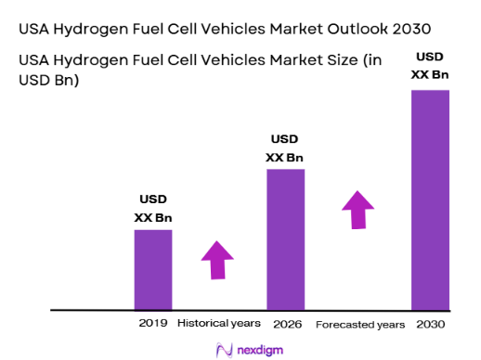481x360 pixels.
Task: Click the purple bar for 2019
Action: pos(153,269)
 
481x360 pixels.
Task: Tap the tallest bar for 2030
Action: pos(430,199)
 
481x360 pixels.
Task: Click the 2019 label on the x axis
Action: pos(153,324)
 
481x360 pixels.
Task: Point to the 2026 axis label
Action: pos(286,324)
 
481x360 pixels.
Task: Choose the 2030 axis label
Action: pos(431,324)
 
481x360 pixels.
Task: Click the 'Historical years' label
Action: pos(220,324)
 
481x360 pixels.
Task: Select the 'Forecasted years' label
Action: pos(360,325)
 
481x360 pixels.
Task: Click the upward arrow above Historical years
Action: pos(218,259)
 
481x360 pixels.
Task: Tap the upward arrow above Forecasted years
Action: pos(357,209)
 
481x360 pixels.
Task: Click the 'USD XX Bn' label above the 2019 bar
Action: pos(153,209)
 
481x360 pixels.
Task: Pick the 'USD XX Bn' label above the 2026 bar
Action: pos(284,148)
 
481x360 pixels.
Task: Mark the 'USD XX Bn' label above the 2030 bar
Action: pos(430,65)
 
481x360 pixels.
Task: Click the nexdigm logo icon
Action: pos(223,349)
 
